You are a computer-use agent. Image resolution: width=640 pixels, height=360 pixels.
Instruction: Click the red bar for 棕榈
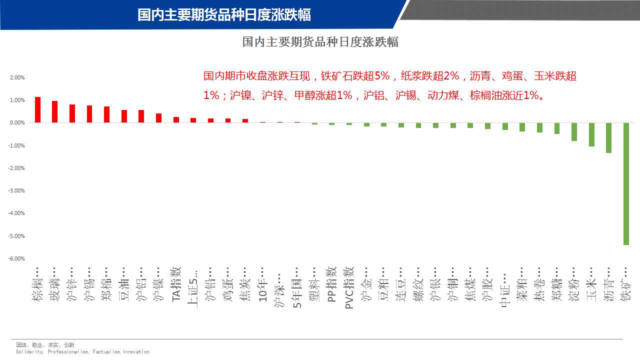pos(37,109)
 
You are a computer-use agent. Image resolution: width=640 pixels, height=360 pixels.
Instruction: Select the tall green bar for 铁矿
pos(626,183)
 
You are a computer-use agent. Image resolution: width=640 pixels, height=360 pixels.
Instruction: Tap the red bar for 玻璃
pos(54,111)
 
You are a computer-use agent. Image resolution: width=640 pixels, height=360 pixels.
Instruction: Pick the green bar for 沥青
pos(608,137)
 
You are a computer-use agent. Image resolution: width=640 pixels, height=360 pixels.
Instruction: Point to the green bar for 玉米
pos(591,134)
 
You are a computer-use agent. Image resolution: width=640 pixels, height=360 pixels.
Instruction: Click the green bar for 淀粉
pos(574,131)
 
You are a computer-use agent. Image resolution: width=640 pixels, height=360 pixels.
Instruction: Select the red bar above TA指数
pos(176,119)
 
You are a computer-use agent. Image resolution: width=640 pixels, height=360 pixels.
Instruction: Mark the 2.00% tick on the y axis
pos(17,77)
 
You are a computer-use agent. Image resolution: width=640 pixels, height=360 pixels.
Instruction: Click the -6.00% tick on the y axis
pos(16,258)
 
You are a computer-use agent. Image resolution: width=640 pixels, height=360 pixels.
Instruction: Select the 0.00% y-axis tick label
pos(17,123)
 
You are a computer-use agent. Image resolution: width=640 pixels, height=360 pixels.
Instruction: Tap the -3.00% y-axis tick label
pos(16,190)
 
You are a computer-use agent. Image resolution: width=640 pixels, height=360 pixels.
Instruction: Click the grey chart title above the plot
pos(320,42)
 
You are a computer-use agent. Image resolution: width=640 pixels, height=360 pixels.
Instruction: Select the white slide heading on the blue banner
pos(224,15)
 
